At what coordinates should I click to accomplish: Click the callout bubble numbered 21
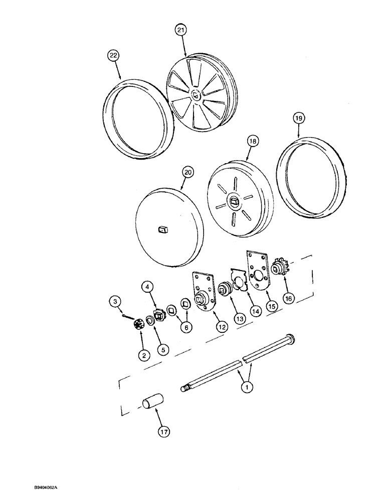click(x=180, y=30)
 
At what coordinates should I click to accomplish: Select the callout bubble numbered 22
click(x=114, y=56)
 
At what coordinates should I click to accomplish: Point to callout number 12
click(x=222, y=326)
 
